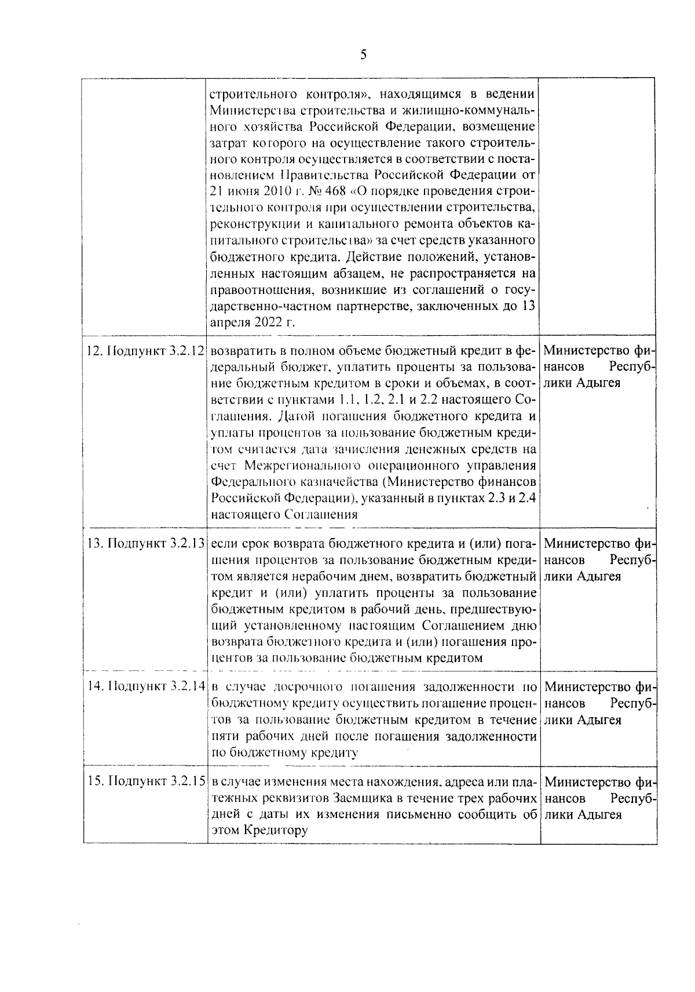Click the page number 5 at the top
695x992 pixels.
pyautogui.click(x=363, y=55)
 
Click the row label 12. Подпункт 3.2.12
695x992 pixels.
pyautogui.click(x=146, y=351)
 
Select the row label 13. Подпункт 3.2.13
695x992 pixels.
pyautogui.click(x=146, y=544)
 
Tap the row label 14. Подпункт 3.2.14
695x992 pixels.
pyautogui.click(x=146, y=687)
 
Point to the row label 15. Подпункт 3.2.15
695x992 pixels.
pyautogui.click(x=146, y=782)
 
